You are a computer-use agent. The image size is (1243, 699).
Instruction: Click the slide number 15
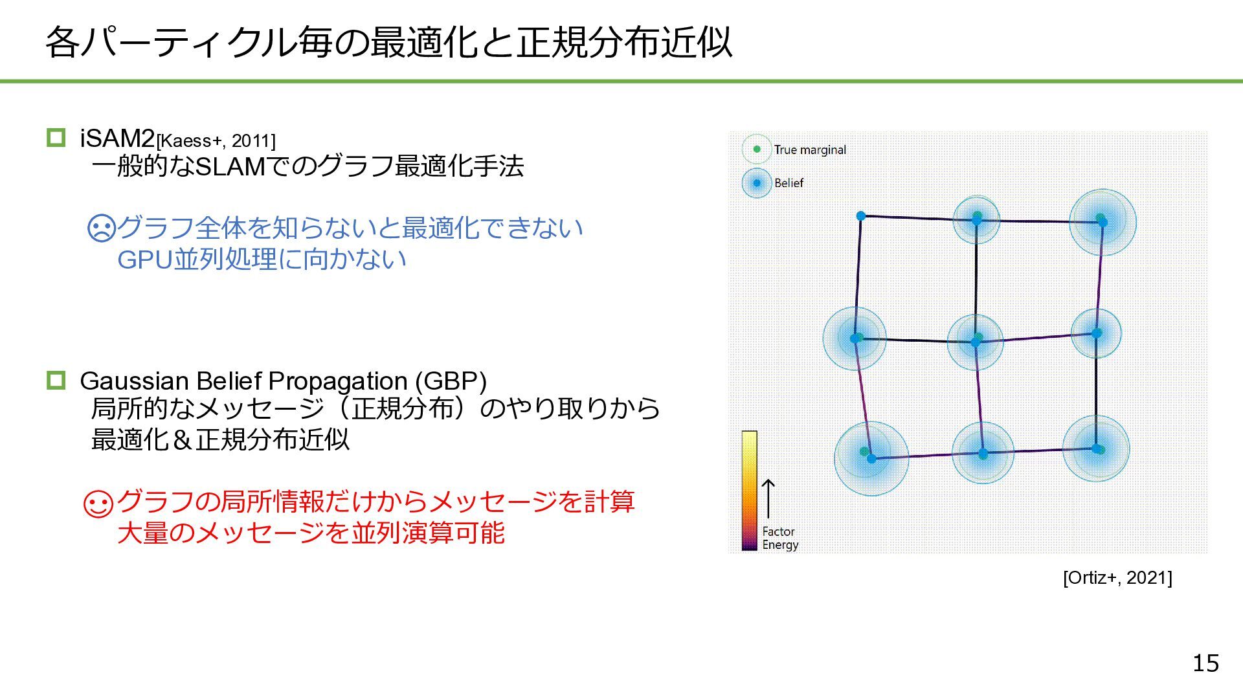(1205, 663)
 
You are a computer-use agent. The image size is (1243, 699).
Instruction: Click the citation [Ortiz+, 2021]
(1117, 577)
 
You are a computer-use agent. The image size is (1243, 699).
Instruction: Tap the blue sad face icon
(101, 228)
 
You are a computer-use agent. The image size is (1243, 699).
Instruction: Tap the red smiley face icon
(99, 503)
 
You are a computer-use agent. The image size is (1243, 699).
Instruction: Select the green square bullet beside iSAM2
(56, 137)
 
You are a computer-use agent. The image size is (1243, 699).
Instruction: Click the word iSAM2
(117, 139)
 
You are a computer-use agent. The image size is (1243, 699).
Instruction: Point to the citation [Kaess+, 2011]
(216, 141)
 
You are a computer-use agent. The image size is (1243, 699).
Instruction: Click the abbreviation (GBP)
(451, 381)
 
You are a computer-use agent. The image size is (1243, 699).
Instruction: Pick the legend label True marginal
(810, 150)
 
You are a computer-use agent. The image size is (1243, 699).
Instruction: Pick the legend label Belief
(789, 183)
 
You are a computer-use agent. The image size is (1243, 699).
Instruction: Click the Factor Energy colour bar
(749, 490)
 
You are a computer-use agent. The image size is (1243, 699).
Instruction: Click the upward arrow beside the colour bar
(768, 498)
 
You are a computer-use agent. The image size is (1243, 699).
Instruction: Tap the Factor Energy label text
(779, 538)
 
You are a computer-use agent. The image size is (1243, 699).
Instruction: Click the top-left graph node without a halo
(861, 216)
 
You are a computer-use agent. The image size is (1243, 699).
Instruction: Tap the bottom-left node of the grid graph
(871, 458)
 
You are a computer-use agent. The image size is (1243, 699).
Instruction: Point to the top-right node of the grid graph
(1103, 222)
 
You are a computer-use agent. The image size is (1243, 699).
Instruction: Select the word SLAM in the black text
(230, 167)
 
